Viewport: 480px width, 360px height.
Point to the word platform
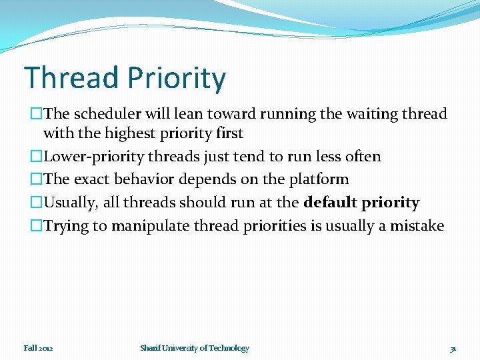(317, 179)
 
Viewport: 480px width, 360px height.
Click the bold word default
(329, 203)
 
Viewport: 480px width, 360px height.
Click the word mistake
(417, 226)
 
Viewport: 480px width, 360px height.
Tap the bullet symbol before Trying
(36, 226)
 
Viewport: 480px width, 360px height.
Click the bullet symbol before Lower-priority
(36, 157)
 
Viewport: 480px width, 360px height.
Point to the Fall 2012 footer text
(39, 348)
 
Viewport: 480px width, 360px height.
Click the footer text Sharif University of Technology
(195, 348)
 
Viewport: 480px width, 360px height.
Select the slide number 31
(453, 348)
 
